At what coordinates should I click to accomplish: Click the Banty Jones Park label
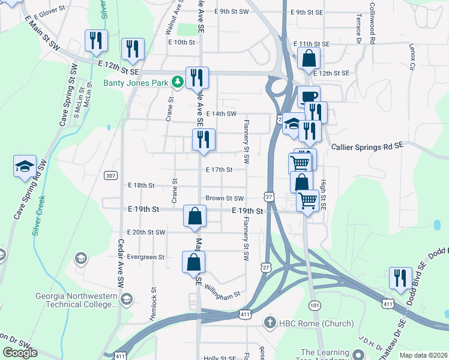click(x=137, y=82)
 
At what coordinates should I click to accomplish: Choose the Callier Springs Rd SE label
click(x=367, y=146)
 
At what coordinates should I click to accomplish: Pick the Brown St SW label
click(x=224, y=198)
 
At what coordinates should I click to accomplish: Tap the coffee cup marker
click(x=309, y=97)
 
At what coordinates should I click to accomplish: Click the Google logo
click(x=20, y=353)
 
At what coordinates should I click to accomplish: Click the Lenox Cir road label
click(x=412, y=57)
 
